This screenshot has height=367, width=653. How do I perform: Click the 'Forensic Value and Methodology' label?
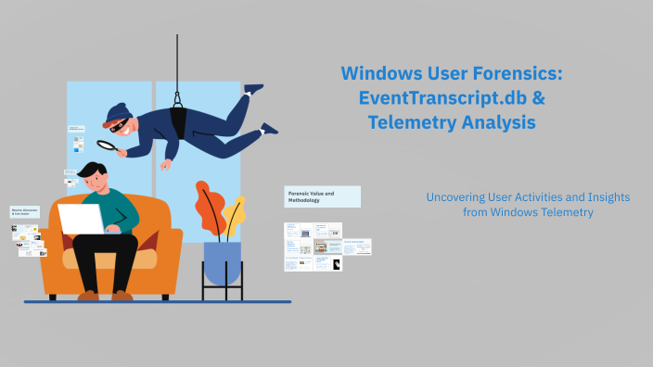321,196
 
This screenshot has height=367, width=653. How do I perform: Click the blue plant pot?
222,263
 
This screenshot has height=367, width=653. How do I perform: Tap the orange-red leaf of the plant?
209,206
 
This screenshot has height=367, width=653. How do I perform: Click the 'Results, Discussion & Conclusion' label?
25,212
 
